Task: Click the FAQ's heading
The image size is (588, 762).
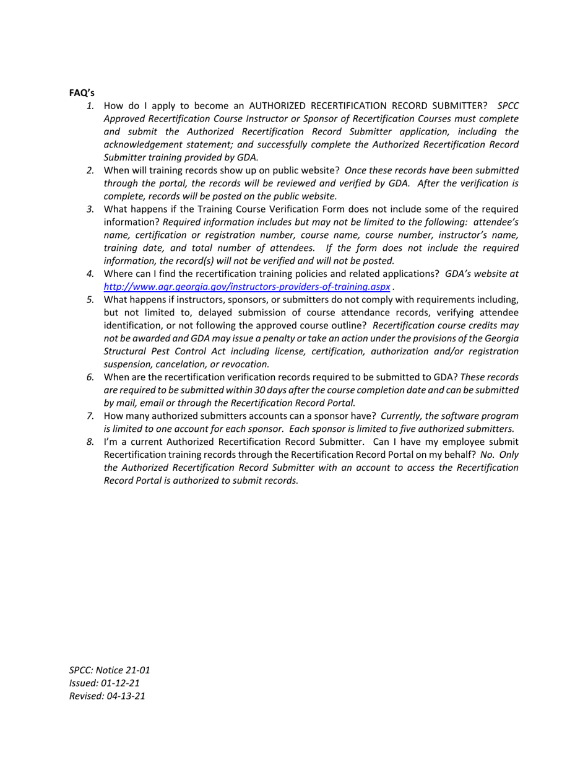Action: click(82, 93)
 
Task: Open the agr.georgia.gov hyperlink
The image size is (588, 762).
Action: click(246, 286)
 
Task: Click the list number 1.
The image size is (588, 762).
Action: click(90, 106)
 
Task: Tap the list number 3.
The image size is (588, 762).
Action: click(90, 209)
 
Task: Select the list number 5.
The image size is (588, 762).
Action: click(90, 299)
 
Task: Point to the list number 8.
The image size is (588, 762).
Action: click(90, 442)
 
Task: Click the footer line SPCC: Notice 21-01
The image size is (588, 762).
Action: click(110, 670)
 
